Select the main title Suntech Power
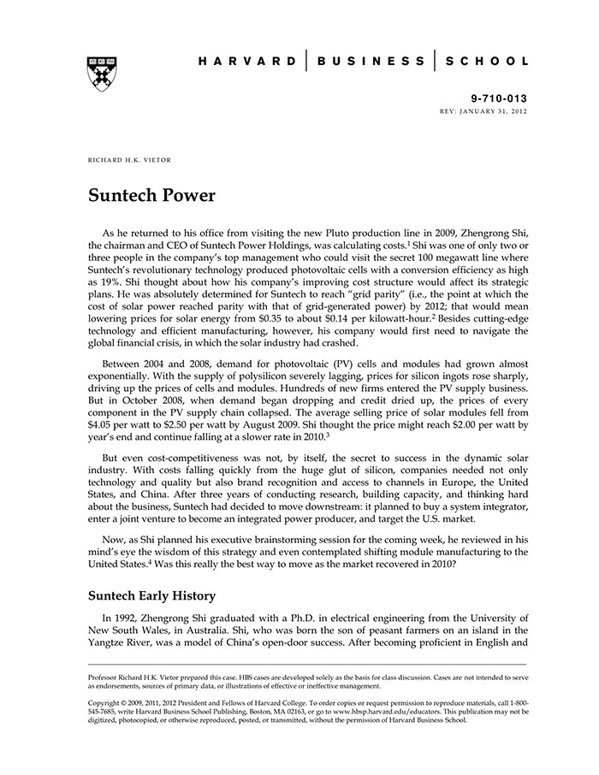pos(151,195)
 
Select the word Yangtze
pos(111,644)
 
